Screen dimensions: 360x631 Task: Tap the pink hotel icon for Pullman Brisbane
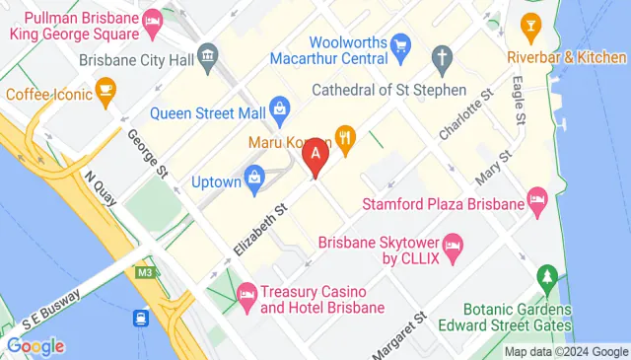coord(153,20)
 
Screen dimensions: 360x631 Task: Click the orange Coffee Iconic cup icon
coord(105,94)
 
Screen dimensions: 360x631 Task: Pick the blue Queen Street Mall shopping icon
coord(280,107)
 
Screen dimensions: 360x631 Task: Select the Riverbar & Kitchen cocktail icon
coord(531,24)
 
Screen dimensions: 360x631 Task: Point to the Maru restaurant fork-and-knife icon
coord(344,137)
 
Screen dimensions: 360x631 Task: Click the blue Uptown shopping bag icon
coord(256,179)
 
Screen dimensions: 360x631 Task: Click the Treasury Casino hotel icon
coord(246,294)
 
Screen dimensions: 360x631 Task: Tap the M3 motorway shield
coord(147,272)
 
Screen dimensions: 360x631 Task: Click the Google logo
coord(35,346)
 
